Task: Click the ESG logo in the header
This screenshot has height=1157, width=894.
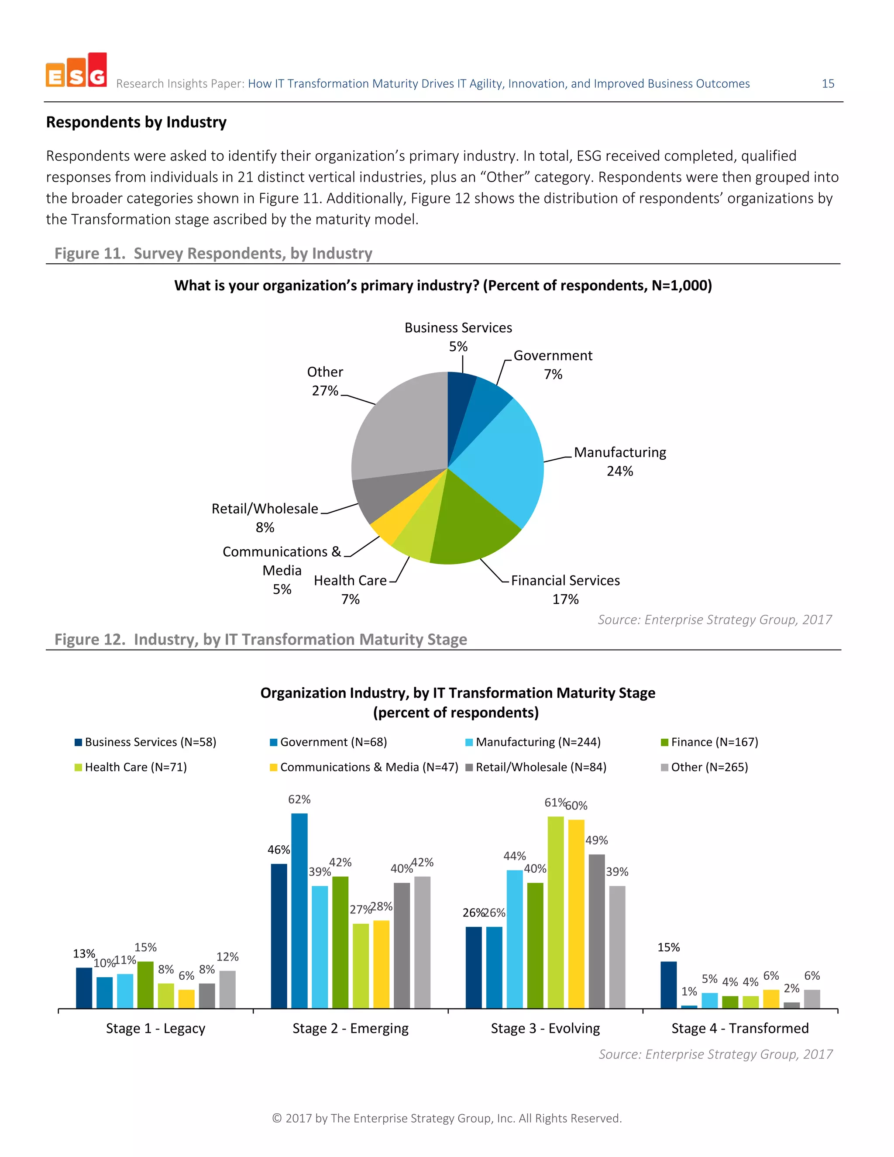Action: pos(76,71)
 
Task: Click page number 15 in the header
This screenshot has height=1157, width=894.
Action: pos(828,84)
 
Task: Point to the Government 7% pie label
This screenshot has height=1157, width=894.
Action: pos(553,365)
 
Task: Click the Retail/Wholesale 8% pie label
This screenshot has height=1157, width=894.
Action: pos(265,517)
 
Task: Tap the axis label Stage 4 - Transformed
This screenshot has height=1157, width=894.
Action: pos(740,1028)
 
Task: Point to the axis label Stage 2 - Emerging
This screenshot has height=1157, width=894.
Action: pos(351,1028)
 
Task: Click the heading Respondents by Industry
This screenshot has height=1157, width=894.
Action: pos(136,122)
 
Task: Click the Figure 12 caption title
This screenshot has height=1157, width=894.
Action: pos(261,640)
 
